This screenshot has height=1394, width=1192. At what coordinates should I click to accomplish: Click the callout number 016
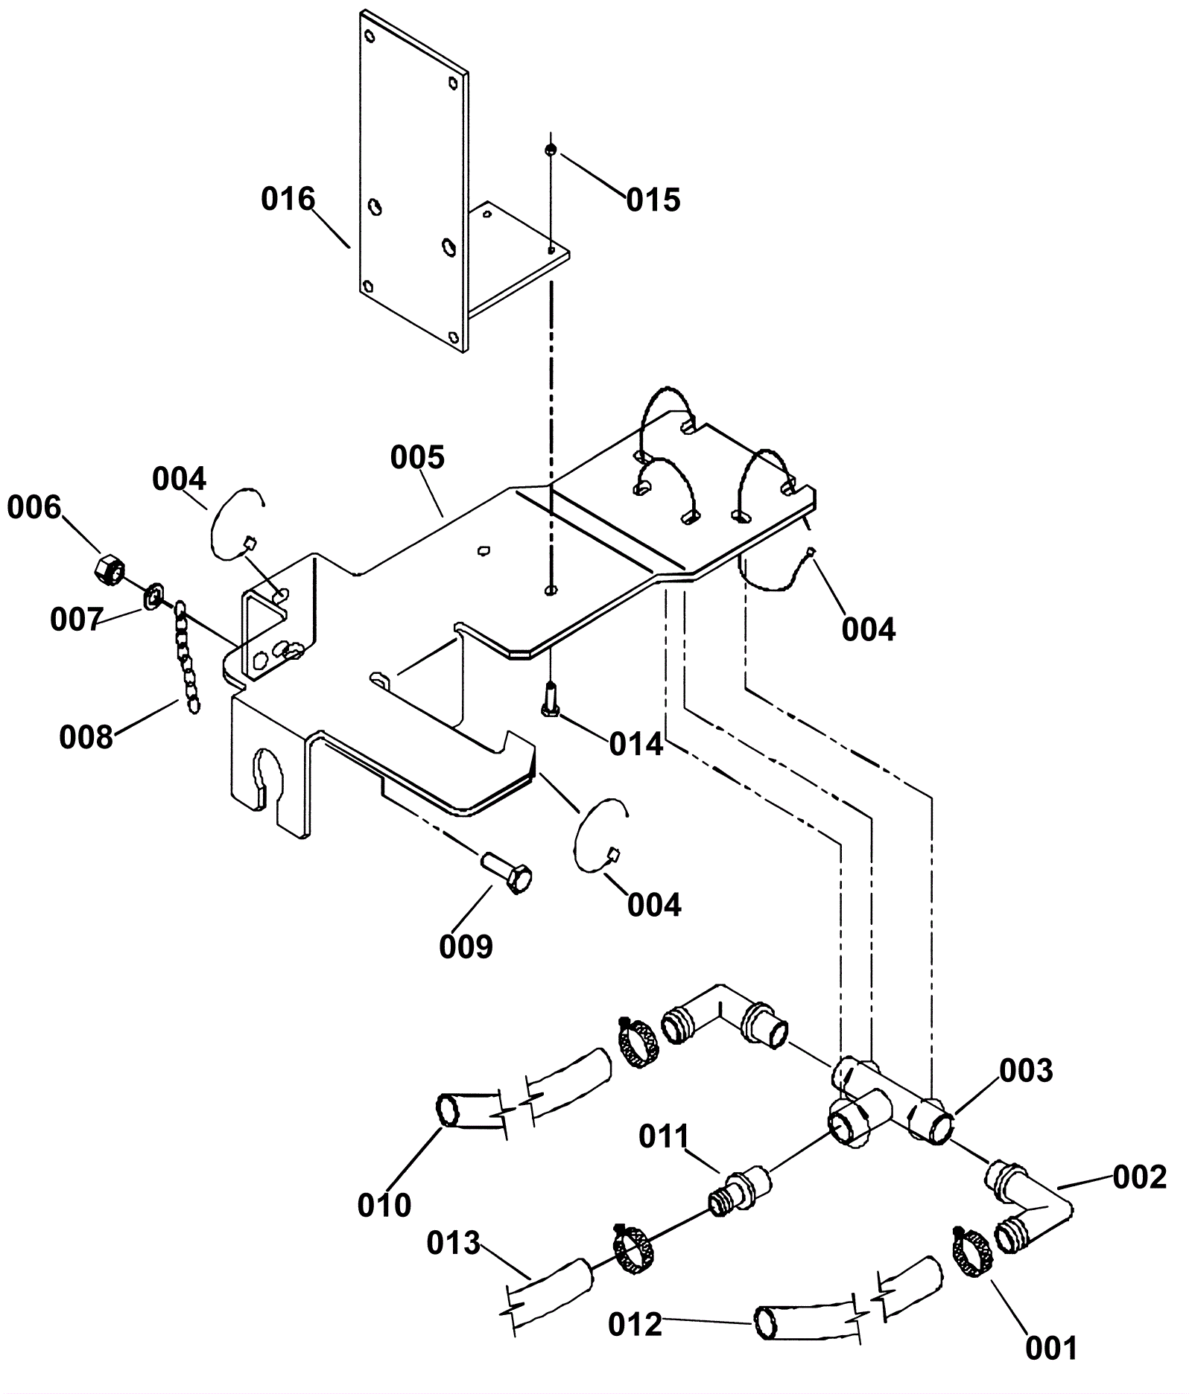pyautogui.click(x=288, y=200)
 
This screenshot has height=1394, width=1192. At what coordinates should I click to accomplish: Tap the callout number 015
pyautogui.click(x=653, y=200)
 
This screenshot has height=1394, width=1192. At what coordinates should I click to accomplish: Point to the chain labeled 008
pyautogui.click(x=186, y=659)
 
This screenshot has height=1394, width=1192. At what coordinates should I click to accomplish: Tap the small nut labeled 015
pyautogui.click(x=550, y=150)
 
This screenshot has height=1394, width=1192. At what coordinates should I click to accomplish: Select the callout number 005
pyautogui.click(x=417, y=457)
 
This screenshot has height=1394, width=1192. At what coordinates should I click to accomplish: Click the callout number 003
pyautogui.click(x=1026, y=1071)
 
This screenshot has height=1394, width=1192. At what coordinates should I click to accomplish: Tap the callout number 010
pyautogui.click(x=384, y=1206)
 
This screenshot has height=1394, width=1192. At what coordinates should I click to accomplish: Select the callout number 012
pyautogui.click(x=635, y=1325)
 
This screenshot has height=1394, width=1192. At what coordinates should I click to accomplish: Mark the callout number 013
pyautogui.click(x=454, y=1243)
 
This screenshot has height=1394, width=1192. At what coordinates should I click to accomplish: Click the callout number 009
pyautogui.click(x=466, y=947)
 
